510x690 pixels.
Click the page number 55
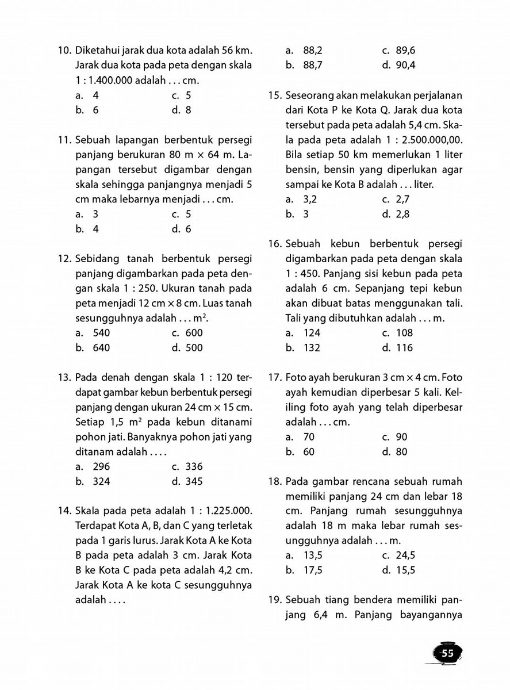447,653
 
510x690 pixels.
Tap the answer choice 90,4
406,65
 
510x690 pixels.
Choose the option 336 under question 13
193,467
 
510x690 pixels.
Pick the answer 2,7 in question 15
404,200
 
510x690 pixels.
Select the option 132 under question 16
311,348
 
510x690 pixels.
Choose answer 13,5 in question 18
313,555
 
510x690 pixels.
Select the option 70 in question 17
308,437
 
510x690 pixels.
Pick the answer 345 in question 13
193,482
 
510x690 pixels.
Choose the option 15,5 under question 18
406,570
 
